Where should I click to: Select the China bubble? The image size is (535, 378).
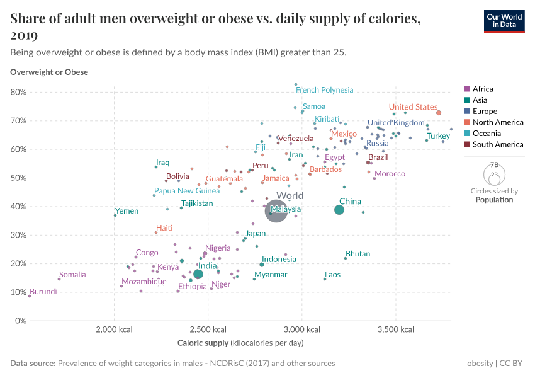[339, 210]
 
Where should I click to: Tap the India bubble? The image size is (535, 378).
[198, 274]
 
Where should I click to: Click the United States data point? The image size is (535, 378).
[439, 113]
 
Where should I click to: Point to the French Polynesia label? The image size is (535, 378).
[324, 90]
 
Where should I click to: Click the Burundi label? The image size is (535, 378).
[43, 292]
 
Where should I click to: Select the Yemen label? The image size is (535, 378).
[127, 211]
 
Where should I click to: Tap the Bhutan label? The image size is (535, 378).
[358, 254]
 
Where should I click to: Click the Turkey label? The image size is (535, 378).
[438, 136]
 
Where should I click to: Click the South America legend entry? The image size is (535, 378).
[497, 144]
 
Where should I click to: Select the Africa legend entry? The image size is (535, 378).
[483, 89]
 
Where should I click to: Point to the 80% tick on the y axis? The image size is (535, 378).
[18, 92]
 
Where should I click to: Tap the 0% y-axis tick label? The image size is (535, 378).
[21, 321]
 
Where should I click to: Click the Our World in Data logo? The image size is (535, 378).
[504, 21]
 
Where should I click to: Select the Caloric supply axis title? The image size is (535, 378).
[240, 343]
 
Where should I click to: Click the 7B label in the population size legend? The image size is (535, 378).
[494, 164]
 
